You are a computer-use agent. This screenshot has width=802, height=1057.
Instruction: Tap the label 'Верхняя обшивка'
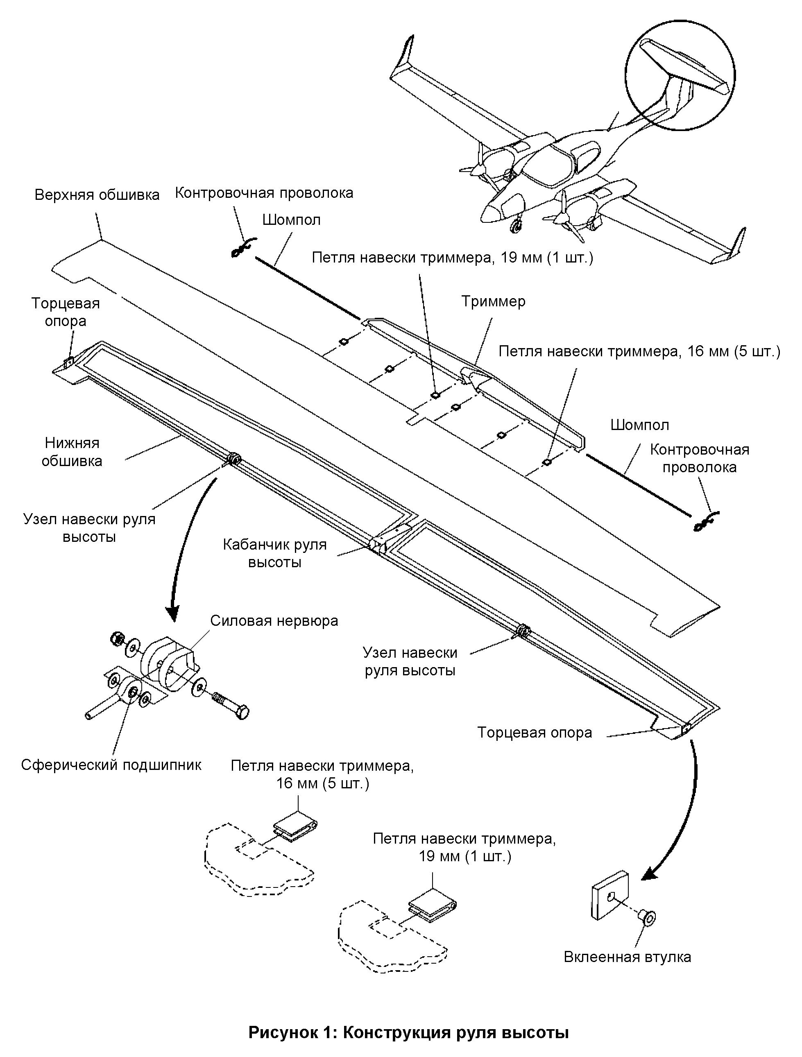point(97,195)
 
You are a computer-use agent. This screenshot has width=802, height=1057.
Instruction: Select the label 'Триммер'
point(493,301)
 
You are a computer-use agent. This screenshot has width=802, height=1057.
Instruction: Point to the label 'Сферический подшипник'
point(111,765)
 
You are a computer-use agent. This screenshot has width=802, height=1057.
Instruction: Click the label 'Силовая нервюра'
point(274,621)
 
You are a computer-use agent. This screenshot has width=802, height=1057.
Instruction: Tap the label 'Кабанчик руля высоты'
point(275,553)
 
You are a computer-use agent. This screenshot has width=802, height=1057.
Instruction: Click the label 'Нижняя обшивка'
point(72,452)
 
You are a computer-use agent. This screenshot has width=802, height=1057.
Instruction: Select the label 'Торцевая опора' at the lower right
point(535,732)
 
